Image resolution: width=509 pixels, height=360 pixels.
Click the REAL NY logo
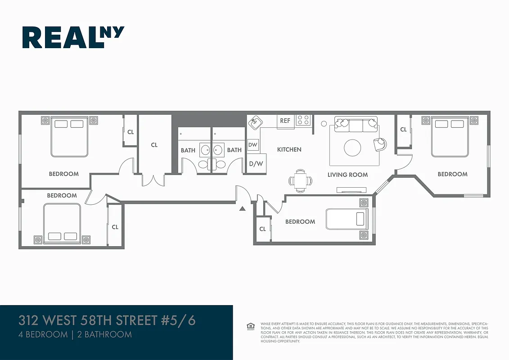tap(73, 37)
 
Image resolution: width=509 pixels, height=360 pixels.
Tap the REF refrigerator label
tap(285, 121)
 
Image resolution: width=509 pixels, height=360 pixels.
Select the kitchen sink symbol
tap(256, 121)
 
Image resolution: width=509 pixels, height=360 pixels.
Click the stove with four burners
tap(303, 120)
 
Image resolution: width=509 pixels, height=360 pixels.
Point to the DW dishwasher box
tap(253, 145)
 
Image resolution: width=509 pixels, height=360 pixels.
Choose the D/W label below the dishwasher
tap(256, 163)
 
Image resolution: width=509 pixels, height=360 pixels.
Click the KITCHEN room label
tap(289, 149)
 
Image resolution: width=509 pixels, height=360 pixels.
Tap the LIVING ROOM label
tap(347, 175)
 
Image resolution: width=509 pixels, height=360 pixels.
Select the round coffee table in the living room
tap(352, 147)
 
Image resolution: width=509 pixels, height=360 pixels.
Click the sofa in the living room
tap(355, 124)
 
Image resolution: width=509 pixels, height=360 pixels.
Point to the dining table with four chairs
tap(300, 180)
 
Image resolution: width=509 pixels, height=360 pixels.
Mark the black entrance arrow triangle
tap(242, 208)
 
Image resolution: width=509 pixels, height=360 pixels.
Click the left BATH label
tap(188, 150)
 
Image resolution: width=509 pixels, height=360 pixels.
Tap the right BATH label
tap(234, 150)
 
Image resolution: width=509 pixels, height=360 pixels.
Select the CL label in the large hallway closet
tap(154, 145)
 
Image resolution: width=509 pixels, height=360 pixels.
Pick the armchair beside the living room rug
tap(380, 143)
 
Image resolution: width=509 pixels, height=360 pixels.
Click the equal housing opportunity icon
tap(251, 326)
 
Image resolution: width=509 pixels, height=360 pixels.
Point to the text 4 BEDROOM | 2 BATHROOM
tap(75, 334)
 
